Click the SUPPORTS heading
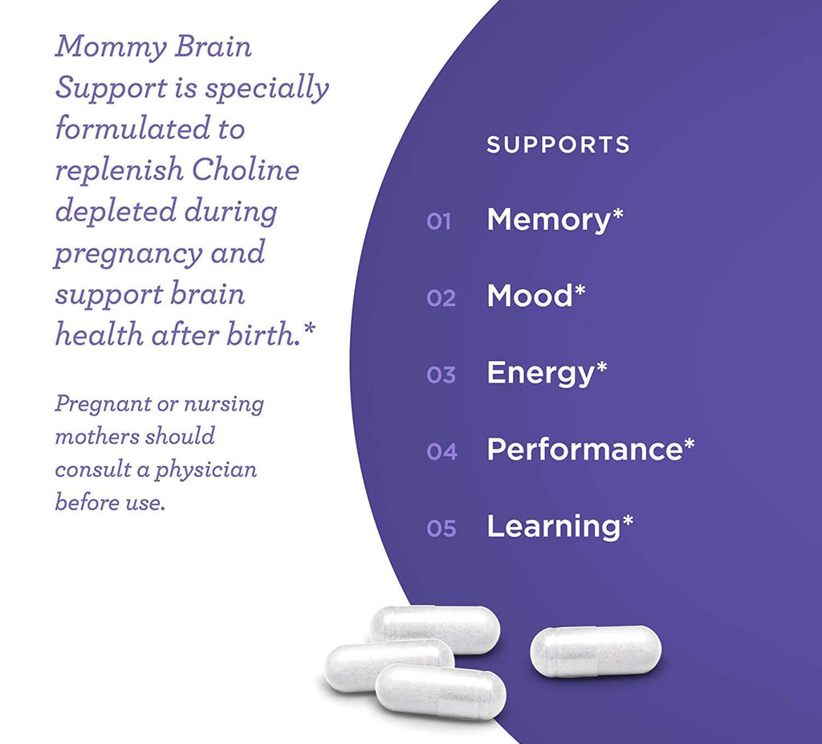(x=558, y=145)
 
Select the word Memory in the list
(x=548, y=220)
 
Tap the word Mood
(x=529, y=296)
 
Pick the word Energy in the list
(x=539, y=374)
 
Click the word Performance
(x=584, y=450)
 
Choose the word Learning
(x=553, y=526)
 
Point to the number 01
(x=439, y=222)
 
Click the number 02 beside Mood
(x=441, y=299)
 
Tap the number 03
(x=441, y=375)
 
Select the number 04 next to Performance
(x=442, y=452)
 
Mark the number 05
(x=442, y=529)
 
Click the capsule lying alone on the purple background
(x=596, y=651)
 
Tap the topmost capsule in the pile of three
(x=434, y=627)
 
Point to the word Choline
(x=244, y=170)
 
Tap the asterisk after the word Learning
(x=628, y=523)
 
